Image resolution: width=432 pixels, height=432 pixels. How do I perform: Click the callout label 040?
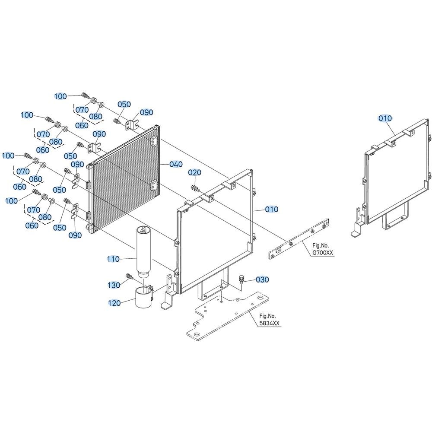[x=176, y=164]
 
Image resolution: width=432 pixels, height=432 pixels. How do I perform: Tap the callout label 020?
[x=195, y=172]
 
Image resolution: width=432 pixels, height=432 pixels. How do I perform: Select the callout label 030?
[x=262, y=280]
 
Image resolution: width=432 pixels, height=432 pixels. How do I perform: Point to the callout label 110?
[x=113, y=259]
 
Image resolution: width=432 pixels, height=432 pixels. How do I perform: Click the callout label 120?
[x=114, y=303]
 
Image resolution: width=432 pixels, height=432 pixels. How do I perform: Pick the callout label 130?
[x=114, y=285]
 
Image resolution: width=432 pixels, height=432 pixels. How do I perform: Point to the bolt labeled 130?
[x=129, y=276]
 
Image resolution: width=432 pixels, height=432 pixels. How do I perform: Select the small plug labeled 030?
[x=241, y=279]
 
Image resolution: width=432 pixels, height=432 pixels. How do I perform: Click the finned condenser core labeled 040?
[x=124, y=180]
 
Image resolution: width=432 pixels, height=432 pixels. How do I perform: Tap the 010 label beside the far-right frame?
[x=385, y=118]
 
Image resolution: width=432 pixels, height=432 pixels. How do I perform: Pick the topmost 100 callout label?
[x=60, y=96]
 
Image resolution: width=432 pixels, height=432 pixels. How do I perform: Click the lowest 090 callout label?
[x=75, y=235]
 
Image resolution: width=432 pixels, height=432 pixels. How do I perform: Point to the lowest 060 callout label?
[x=32, y=226]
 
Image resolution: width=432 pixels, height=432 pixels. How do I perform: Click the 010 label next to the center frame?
[x=272, y=210]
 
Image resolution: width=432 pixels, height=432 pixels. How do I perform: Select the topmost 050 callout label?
[x=124, y=105]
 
